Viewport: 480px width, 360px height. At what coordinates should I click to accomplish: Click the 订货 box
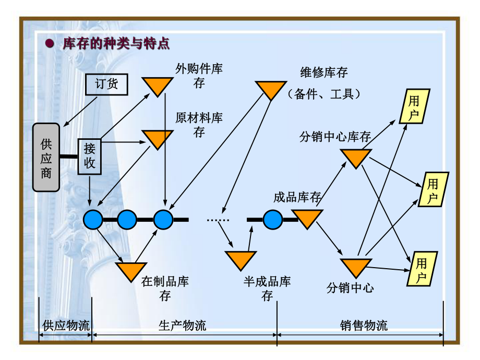106,84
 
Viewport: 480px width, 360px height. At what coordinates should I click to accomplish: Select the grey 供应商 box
46,158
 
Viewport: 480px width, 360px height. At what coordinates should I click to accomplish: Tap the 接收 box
89,156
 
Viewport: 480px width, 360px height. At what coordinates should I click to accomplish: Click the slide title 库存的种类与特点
116,43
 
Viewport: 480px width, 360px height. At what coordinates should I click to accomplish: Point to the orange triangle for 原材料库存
157,138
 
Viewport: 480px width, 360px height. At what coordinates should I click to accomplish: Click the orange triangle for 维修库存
270,89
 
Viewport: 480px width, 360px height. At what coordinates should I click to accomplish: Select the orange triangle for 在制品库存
131,270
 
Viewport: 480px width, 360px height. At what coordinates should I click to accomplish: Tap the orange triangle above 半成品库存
241,259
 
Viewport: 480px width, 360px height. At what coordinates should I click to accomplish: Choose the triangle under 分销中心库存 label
356,157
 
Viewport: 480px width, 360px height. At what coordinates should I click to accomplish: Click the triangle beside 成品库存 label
307,218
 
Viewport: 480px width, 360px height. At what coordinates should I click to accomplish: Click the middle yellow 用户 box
433,189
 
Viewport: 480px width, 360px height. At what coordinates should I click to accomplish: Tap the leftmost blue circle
94,220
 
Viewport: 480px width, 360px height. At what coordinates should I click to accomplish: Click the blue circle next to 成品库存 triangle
273,220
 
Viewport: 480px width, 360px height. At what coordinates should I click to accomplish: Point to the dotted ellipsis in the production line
218,220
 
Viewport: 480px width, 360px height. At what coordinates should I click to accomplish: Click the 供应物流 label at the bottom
66,326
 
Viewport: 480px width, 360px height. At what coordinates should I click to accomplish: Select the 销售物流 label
364,326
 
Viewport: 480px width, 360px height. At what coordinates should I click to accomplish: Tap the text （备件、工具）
324,94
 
